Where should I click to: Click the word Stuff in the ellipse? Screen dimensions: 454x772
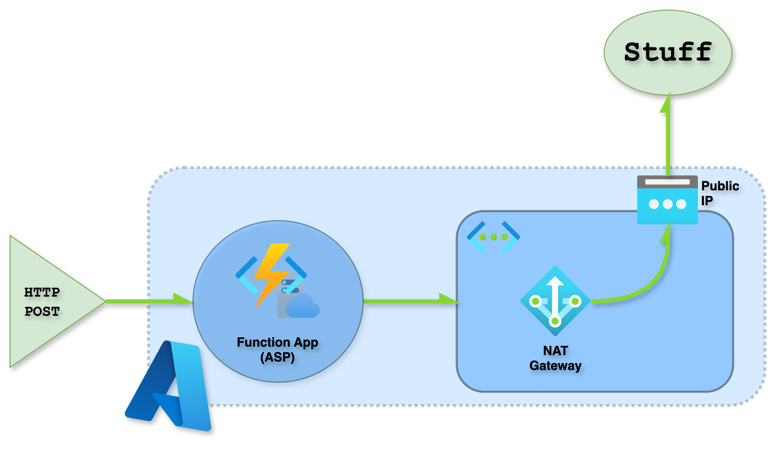pyautogui.click(x=668, y=52)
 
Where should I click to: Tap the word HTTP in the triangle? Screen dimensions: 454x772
pyautogui.click(x=42, y=292)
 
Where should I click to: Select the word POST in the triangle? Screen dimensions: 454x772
pyautogui.click(x=42, y=311)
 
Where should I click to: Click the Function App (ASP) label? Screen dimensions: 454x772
pyautogui.click(x=278, y=349)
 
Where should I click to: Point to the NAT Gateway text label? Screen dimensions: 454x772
pyautogui.click(x=555, y=358)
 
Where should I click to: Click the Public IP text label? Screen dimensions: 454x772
pyautogui.click(x=720, y=193)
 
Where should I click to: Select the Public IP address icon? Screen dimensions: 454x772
pyautogui.click(x=667, y=200)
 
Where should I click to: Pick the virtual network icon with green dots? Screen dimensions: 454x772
pyautogui.click(x=493, y=237)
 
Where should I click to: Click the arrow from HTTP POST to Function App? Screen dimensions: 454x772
pyautogui.click(x=149, y=301)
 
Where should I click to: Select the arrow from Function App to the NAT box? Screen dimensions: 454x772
pyautogui.click(x=411, y=301)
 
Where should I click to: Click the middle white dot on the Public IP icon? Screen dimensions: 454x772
pyautogui.click(x=667, y=204)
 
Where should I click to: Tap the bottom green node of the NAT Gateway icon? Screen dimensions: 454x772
pyautogui.click(x=555, y=321)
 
